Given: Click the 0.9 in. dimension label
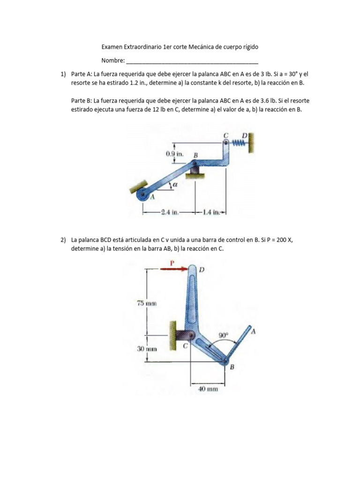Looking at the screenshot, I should pos(176,154).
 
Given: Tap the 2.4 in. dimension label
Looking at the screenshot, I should pos(168,212).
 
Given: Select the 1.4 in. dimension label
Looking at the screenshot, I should pos(212,212).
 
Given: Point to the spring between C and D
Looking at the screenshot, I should pos(240,142).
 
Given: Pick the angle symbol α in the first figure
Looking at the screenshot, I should pos(175,185).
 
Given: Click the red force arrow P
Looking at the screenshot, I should pos(173,269).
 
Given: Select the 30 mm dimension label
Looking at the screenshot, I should pos(146,349).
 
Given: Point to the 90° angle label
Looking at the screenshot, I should pos(224,335).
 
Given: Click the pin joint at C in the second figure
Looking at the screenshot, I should pos(187,336).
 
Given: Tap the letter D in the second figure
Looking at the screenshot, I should pos(202,270).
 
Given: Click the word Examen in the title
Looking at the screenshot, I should pos(113,47).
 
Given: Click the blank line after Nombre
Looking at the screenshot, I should pos(192,61).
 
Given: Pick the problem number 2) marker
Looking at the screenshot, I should pos(63,240).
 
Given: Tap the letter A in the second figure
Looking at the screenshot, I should pos(254,331).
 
